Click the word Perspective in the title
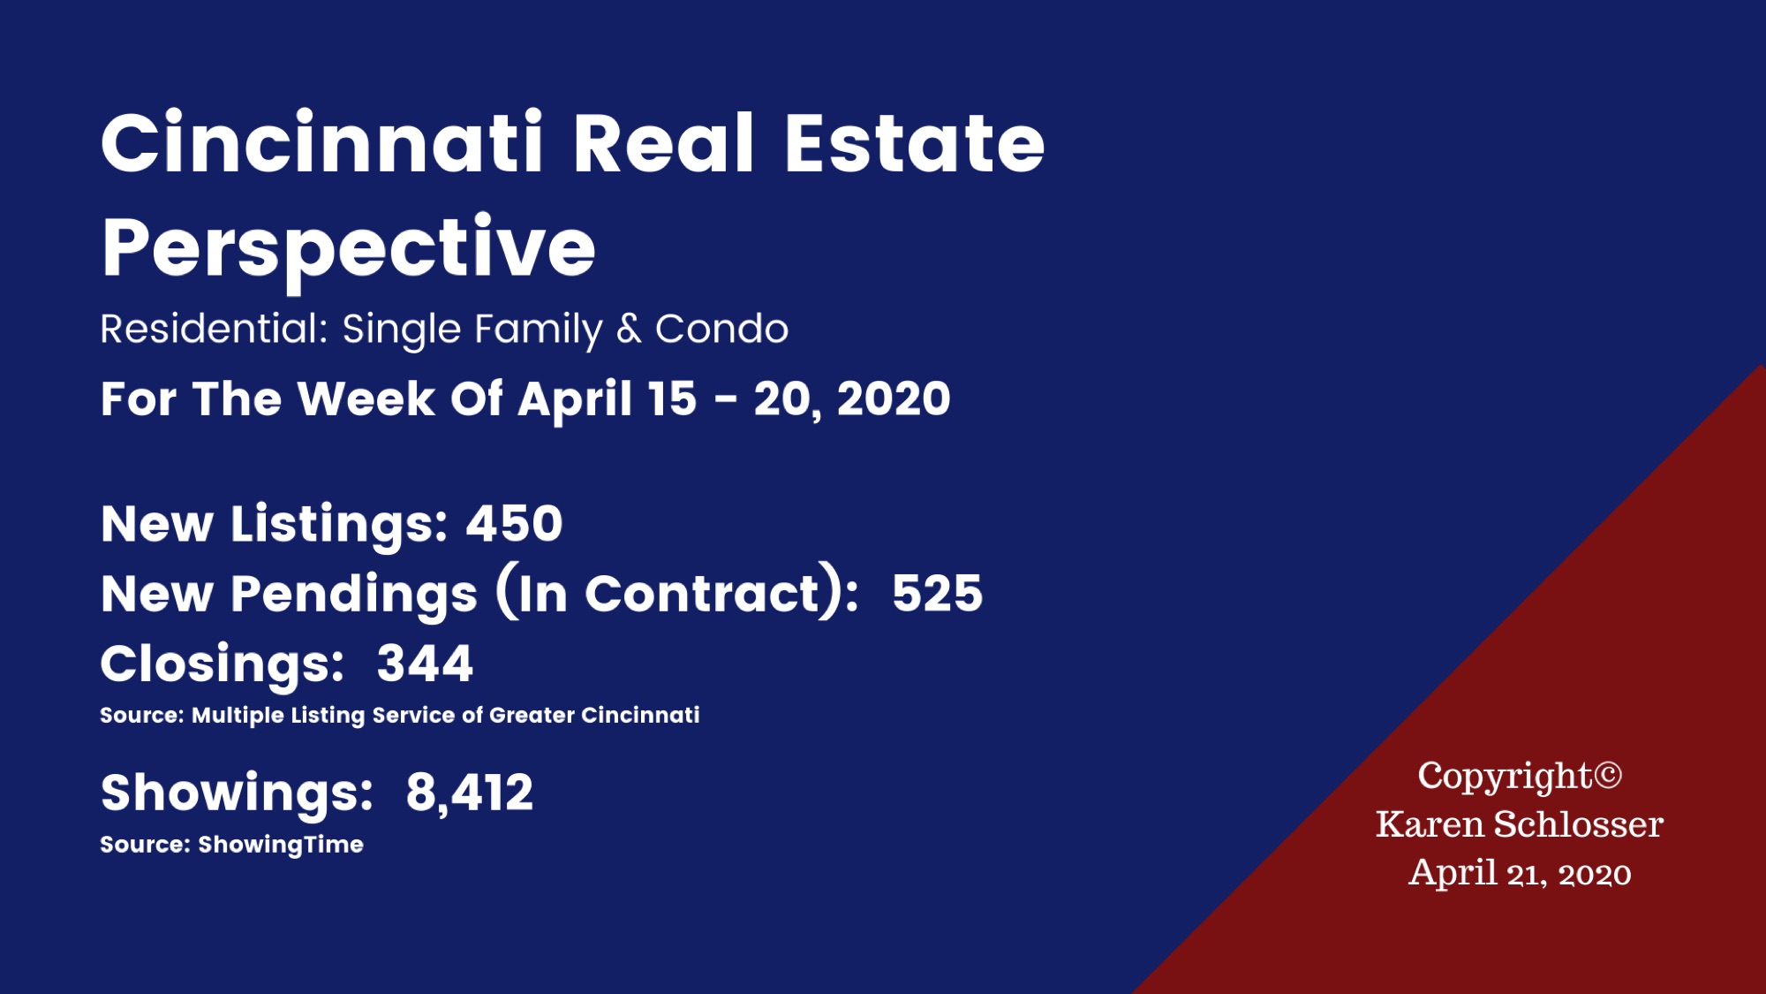tap(349, 249)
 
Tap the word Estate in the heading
tap(915, 143)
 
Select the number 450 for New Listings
tap(514, 523)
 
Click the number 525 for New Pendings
tap(937, 593)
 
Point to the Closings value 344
tap(425, 664)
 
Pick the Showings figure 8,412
tap(470, 793)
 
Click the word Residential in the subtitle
tap(215, 329)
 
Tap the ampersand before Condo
tap(629, 329)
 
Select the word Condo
tap(721, 329)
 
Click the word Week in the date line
tap(366, 398)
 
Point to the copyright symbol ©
tap(1608, 776)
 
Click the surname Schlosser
tap(1578, 824)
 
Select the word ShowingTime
tap(281, 845)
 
